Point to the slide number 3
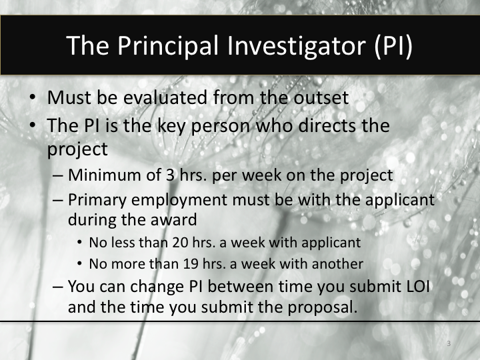coord(449,343)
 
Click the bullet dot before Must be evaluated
coord(33,97)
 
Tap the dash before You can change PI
coord(58,288)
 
